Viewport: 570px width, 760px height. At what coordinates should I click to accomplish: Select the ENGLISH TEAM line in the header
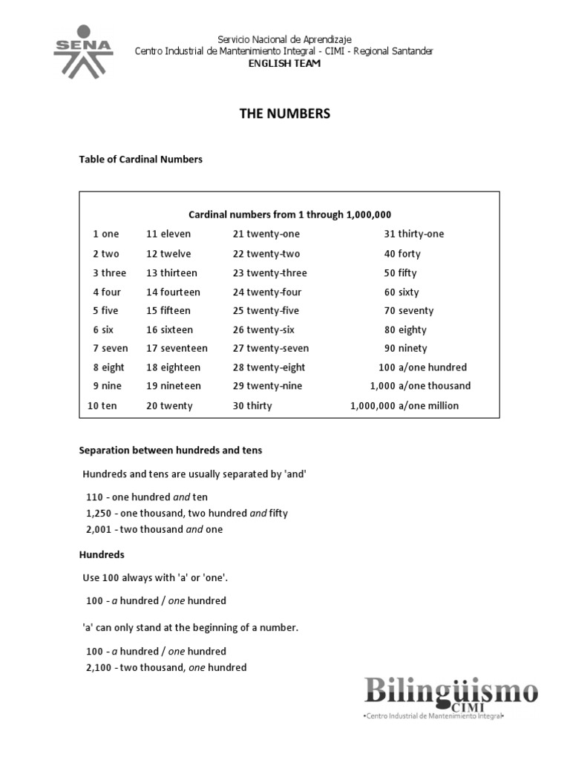[x=284, y=65]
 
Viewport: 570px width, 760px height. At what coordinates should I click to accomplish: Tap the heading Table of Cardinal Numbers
[x=140, y=159]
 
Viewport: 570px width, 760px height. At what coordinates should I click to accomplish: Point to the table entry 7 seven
[x=111, y=348]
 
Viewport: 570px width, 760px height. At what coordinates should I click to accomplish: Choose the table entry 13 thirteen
[x=173, y=272]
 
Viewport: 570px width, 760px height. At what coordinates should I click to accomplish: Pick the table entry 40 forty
[x=402, y=254]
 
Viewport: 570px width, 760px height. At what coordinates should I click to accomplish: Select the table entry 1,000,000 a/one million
[x=404, y=405]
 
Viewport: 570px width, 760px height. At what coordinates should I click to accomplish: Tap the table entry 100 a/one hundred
[x=422, y=367]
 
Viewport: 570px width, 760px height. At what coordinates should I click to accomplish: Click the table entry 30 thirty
[x=252, y=405]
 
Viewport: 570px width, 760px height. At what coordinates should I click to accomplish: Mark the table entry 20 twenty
[x=169, y=405]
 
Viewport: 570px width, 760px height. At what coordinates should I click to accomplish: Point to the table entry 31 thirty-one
[x=413, y=234]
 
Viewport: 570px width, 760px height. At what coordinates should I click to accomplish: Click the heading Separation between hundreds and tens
[x=171, y=450]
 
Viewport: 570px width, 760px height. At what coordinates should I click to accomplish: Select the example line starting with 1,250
[x=187, y=513]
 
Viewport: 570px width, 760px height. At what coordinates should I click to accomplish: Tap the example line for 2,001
[x=154, y=529]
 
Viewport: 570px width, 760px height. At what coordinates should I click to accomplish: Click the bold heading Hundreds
[x=102, y=554]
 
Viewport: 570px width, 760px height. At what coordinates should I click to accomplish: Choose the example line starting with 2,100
[x=166, y=667]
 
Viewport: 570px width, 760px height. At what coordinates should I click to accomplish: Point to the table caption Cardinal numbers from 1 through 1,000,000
[x=289, y=214]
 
